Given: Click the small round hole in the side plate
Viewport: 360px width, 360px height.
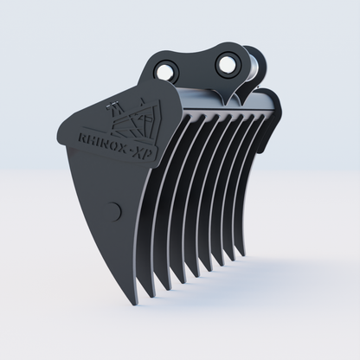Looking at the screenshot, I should (118, 209).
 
